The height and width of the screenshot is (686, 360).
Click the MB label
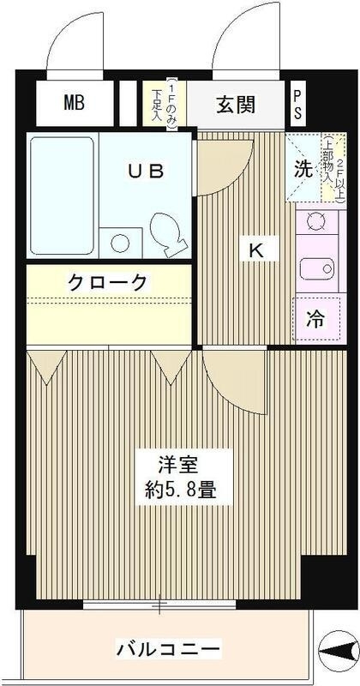pos(74,103)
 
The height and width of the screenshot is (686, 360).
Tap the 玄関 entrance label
pos(236,105)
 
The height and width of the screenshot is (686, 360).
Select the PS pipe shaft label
pos(297,104)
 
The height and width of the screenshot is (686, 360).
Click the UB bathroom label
pos(146,171)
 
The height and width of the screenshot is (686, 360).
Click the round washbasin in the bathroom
pos(119,243)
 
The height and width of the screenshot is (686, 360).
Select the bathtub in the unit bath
pos(62,196)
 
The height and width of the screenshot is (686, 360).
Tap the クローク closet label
pos(107,281)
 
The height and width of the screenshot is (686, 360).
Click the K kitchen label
pos(256,250)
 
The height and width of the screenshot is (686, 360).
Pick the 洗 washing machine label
pos(303,168)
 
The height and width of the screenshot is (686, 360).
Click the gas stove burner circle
pos(315,221)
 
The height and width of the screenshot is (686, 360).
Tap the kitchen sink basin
pos(317,268)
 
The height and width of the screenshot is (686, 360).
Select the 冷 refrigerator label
pos(315,320)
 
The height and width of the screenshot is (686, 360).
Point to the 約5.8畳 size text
pos(181,489)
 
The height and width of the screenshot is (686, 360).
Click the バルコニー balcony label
pos(167,647)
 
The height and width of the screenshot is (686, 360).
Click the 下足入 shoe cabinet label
pos(156,105)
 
